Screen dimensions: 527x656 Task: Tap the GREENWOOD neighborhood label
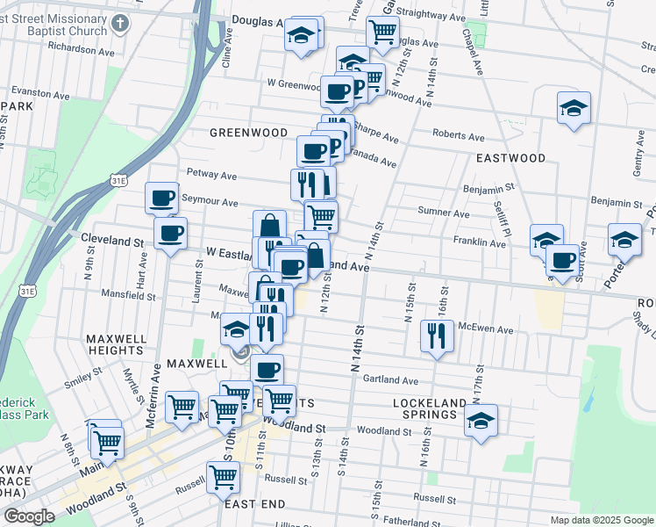point(248,133)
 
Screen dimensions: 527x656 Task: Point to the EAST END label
point(254,504)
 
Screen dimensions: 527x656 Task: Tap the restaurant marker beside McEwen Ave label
point(436,335)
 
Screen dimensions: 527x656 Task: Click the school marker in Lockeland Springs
point(481,420)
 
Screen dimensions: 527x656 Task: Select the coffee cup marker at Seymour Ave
point(162,199)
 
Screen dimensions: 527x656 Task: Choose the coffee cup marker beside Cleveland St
point(170,233)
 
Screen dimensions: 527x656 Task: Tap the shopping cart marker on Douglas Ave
point(382,32)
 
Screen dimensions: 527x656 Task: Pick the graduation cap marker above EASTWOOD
point(574,107)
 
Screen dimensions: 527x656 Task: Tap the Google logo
point(29,516)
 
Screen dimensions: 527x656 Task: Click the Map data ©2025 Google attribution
point(601,520)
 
